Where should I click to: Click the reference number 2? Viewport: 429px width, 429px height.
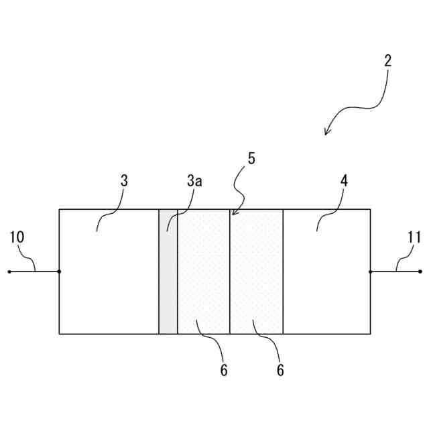(387, 60)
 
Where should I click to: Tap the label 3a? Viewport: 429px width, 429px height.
(194, 181)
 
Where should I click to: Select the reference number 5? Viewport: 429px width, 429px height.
(251, 159)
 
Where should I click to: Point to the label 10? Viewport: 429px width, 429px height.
(17, 237)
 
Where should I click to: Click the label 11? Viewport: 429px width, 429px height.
(414, 237)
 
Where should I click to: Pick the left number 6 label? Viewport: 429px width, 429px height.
(224, 370)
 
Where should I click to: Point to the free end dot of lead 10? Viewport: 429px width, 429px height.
(9, 271)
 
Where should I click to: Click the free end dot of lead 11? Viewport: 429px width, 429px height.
(420, 271)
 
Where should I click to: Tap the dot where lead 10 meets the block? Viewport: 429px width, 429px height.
(59, 271)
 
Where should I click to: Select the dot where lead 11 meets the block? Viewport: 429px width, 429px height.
(371, 271)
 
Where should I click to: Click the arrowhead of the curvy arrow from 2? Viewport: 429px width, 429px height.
(326, 133)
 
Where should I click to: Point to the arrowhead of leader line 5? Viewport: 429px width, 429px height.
(233, 214)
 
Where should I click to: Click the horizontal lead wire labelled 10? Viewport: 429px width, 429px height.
(34, 271)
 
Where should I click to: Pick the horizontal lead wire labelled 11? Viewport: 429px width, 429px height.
(395, 271)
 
